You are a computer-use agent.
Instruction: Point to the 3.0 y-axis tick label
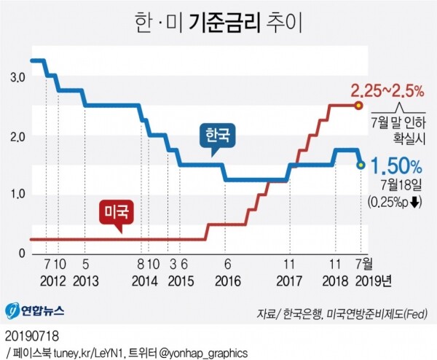(17, 77)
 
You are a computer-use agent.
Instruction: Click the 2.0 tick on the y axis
(17, 136)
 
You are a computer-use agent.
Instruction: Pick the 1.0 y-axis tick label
(17, 195)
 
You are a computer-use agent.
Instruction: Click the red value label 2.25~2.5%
(387, 91)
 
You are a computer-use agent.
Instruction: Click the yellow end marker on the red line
(358, 106)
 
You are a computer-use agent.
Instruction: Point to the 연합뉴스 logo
(35, 310)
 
